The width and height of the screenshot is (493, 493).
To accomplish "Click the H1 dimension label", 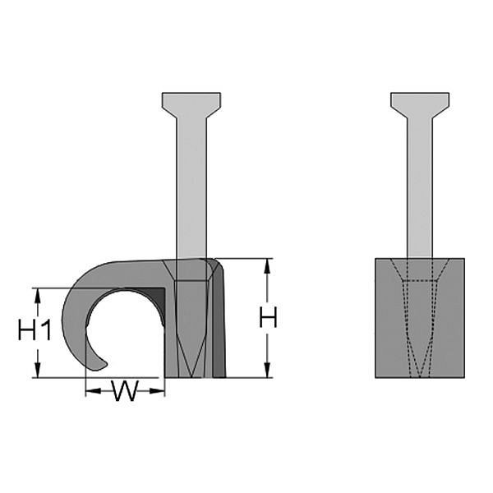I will (35, 331).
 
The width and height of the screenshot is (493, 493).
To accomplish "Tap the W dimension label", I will (124, 392).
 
